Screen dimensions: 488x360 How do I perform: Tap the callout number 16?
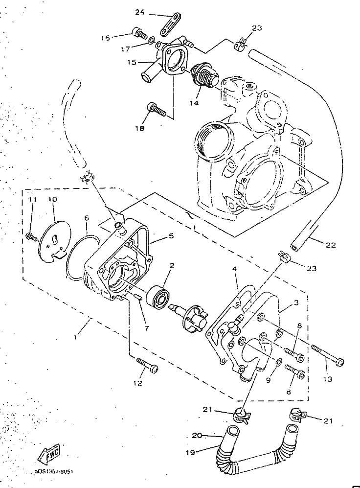(x=105, y=37)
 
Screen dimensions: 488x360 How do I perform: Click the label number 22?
(x=331, y=245)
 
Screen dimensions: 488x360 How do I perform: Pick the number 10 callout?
(x=52, y=200)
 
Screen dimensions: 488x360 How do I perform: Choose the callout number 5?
(x=171, y=235)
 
